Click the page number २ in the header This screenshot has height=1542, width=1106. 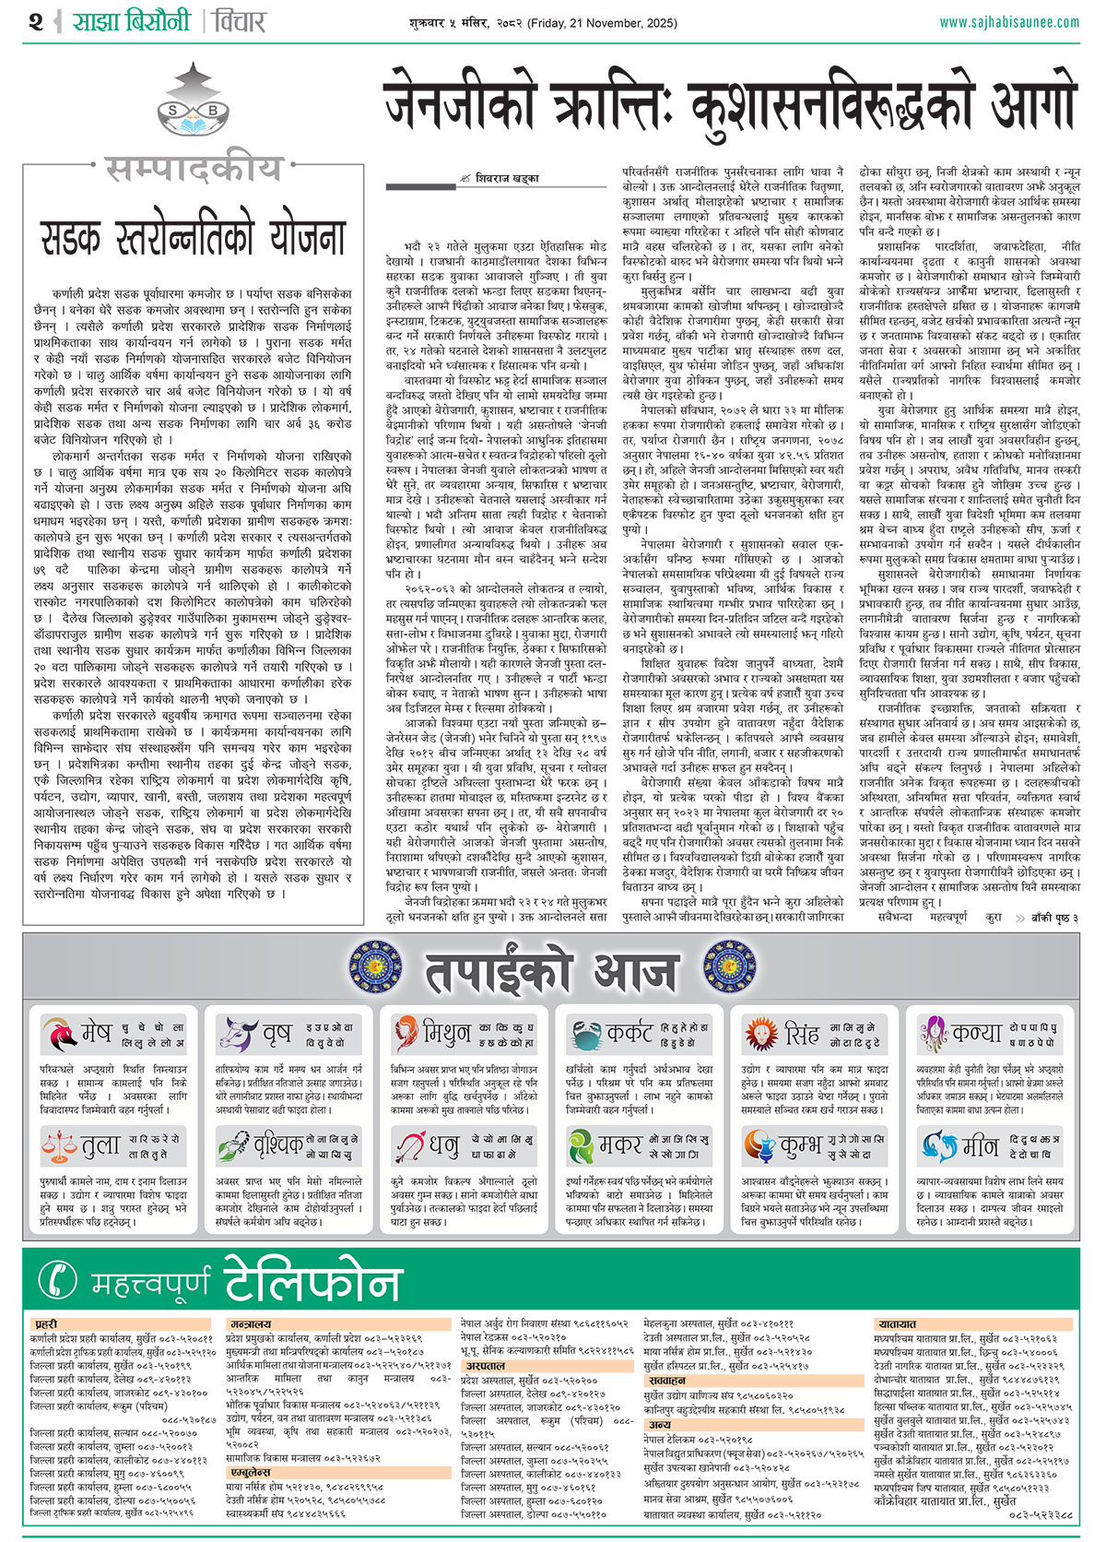coord(35,20)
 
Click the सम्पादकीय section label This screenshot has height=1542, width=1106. coord(193,169)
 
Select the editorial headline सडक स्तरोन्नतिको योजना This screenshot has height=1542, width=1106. coord(193,235)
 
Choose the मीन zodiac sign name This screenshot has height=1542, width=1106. coord(980,1146)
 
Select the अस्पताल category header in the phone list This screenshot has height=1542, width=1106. coord(485,1366)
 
